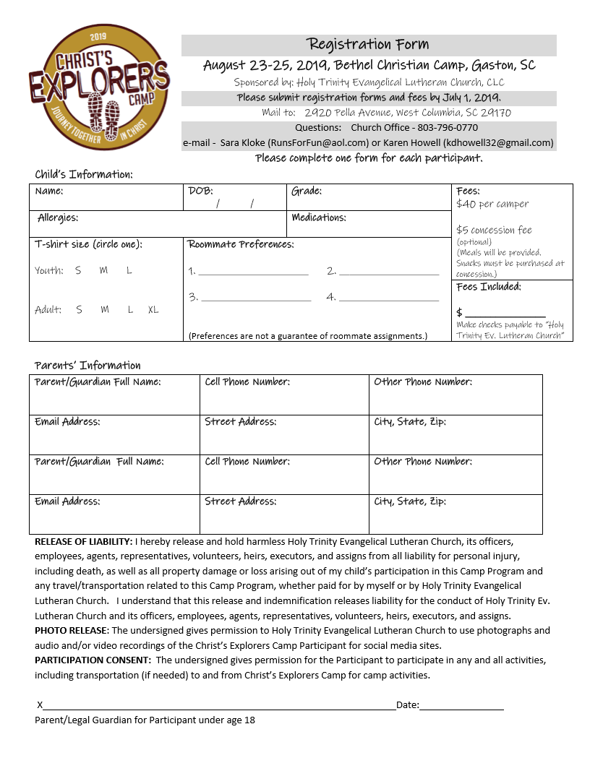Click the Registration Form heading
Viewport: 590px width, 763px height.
coord(368,45)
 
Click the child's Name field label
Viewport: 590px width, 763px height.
coord(49,191)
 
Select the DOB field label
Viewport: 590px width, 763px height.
coord(200,191)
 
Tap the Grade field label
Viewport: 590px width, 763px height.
coord(307,191)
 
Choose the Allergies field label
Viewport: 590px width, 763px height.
coord(58,217)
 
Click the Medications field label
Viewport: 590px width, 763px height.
coord(319,217)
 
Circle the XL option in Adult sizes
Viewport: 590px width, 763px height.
coord(153,310)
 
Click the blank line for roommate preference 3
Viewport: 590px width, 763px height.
coord(256,300)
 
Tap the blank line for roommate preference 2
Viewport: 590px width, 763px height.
coord(389,275)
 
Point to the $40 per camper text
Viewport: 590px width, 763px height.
coord(492,204)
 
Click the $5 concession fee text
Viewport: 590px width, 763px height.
coord(494,230)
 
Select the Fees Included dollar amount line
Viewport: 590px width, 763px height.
coord(505,316)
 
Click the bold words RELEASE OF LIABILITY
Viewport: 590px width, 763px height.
coord(83,541)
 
